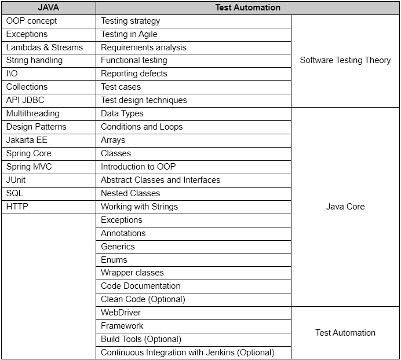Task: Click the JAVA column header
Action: point(48,8)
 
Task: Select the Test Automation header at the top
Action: point(247,8)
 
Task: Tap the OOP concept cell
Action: point(32,21)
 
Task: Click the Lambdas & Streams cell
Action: point(45,47)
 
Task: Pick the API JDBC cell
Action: point(25,100)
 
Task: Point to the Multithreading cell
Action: point(33,113)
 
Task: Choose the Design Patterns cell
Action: point(37,127)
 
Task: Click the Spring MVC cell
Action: point(29,167)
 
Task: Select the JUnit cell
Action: point(16,180)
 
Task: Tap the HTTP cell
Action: point(17,207)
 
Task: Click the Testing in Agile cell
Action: point(129,34)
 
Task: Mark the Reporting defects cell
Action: point(134,74)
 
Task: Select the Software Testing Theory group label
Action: point(345,60)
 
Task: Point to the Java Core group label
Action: point(345,207)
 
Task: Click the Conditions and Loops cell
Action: point(142,127)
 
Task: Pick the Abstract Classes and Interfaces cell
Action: point(161,180)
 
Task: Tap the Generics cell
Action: point(118,247)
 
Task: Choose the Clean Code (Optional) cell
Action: point(143,299)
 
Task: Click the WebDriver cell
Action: point(121,313)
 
